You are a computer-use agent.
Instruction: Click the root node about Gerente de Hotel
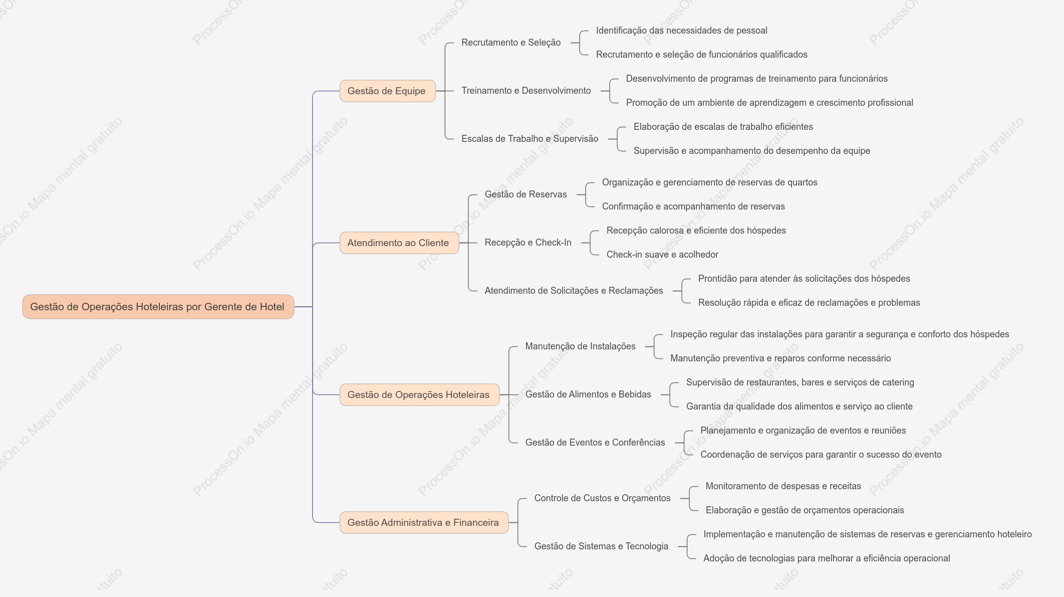[x=158, y=307]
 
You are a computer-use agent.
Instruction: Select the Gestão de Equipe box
[x=387, y=91]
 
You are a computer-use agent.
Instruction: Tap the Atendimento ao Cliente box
[x=399, y=243]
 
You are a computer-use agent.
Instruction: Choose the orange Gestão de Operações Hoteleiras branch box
[x=419, y=395]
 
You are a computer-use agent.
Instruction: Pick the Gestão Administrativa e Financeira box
[x=424, y=523]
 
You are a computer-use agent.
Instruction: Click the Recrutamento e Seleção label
[x=511, y=43]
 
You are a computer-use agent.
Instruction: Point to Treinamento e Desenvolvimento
[x=526, y=91]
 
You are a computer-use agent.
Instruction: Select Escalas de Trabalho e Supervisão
[x=529, y=139]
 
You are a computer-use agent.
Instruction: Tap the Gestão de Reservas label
[x=525, y=194]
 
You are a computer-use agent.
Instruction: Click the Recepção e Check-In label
[x=528, y=243]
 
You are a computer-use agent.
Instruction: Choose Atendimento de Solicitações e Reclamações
[x=574, y=291]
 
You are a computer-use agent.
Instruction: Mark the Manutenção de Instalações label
[x=580, y=346]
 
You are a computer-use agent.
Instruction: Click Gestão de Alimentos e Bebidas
[x=588, y=394]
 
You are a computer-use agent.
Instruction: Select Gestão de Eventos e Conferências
[x=595, y=443]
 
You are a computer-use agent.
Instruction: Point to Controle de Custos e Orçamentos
[x=602, y=498]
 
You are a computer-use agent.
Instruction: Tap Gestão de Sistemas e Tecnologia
[x=601, y=546]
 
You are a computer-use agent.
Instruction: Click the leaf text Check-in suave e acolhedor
[x=662, y=255]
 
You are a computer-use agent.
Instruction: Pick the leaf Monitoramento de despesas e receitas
[x=783, y=486]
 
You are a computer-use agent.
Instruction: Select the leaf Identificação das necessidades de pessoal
[x=681, y=31]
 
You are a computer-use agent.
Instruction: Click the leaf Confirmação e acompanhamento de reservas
[x=693, y=207]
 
